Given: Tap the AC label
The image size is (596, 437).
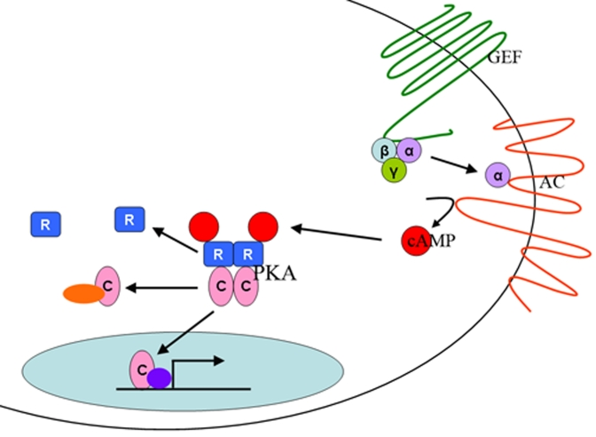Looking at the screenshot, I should [x=552, y=183].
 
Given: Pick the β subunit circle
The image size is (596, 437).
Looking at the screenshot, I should [x=385, y=152].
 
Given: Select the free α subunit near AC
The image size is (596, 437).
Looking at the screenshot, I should [x=498, y=175].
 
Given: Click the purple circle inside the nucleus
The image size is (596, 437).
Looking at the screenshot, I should [x=159, y=378].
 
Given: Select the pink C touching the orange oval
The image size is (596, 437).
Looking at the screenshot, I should [x=107, y=286].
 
